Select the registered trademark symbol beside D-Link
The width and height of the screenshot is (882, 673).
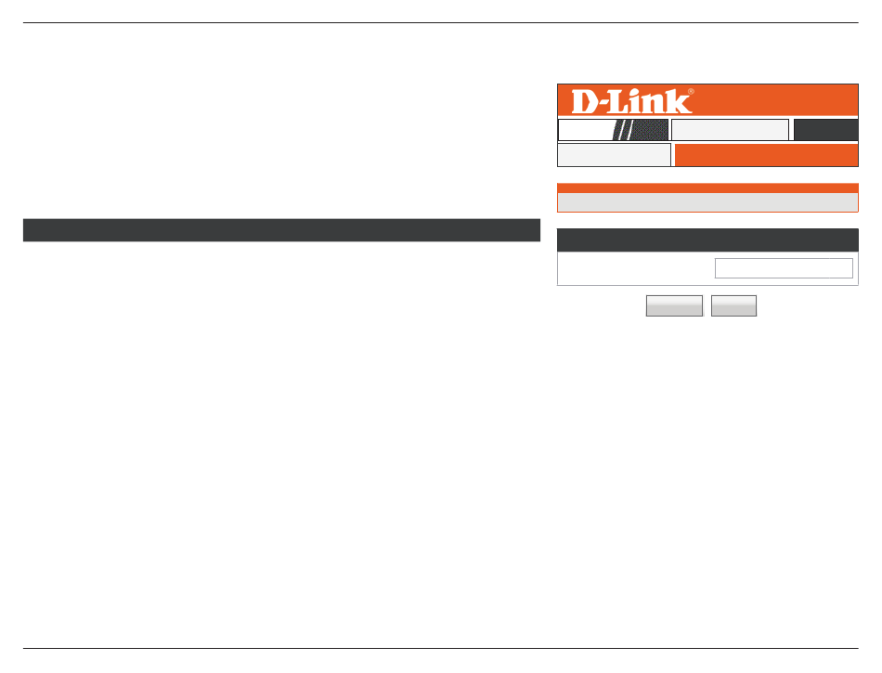point(691,92)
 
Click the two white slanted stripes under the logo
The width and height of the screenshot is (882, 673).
point(626,130)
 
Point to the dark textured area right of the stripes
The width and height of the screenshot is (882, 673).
point(652,130)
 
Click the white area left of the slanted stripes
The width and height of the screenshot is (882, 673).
point(585,130)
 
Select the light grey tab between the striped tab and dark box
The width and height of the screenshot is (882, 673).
point(730,130)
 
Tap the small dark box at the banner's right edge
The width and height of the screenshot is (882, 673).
point(825,130)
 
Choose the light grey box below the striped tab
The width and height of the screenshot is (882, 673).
point(614,155)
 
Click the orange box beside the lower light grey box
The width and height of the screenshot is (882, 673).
point(766,155)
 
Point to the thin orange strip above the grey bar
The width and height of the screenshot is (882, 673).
point(707,188)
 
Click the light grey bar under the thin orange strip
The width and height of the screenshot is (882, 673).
point(707,202)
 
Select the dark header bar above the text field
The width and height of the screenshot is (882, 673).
point(707,240)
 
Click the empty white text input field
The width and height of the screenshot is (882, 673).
point(784,268)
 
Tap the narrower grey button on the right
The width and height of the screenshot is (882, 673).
point(733,306)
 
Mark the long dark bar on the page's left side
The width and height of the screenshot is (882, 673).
point(281,230)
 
